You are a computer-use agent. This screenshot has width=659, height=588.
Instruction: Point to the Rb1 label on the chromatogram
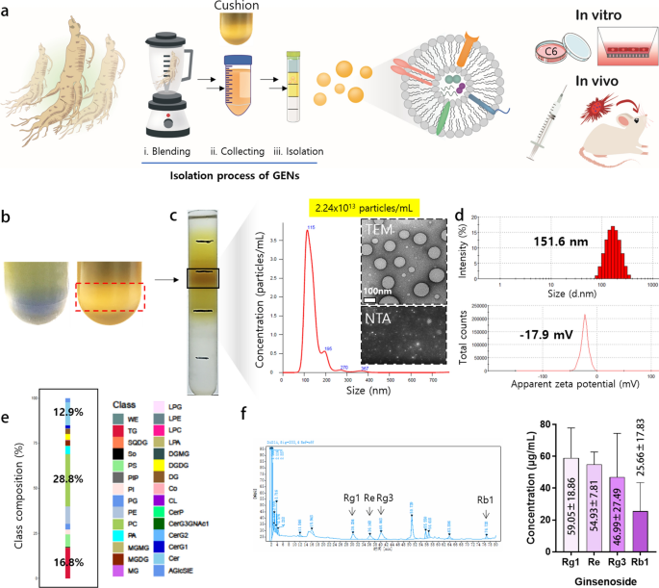click(x=487, y=499)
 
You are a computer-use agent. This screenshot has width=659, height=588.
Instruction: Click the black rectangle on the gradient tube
click(x=207, y=278)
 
